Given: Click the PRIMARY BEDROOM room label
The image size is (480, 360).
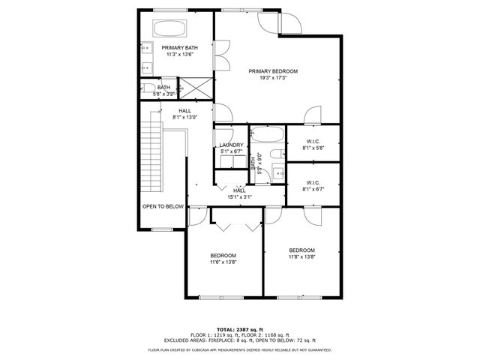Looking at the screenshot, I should coord(279,71).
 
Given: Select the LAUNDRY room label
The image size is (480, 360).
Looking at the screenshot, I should coord(231,145).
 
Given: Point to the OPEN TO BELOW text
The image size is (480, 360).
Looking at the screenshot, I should coord(163,206).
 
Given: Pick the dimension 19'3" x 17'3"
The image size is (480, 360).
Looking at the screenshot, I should coord(279,78).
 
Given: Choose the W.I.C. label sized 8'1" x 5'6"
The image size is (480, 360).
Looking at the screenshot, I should coord(313,141).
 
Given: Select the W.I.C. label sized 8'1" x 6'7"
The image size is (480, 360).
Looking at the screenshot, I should coord(313,182).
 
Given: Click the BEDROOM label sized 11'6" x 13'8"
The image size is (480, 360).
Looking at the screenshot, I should coord(223,256).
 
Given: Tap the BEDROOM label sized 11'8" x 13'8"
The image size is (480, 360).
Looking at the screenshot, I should coord(302,250).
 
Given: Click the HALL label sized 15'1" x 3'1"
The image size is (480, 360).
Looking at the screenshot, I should coord(239,190).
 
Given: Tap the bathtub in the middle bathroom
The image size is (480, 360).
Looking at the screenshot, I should coord(267,136).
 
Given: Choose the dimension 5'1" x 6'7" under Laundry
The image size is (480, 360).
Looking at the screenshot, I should coord(231,151).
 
